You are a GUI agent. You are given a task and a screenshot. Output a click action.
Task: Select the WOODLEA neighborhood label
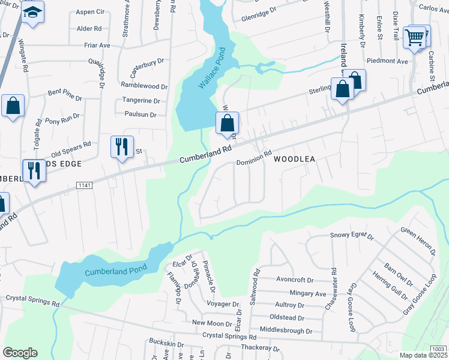click(295, 160)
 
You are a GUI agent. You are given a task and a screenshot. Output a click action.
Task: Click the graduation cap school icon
click(32, 12)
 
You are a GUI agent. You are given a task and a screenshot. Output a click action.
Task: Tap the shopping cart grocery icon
click(414, 37)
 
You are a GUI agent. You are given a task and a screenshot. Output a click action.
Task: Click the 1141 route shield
click(85, 186)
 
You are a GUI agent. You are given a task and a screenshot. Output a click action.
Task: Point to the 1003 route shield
click(439, 348)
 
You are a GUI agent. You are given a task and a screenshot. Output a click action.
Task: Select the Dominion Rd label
click(254, 158)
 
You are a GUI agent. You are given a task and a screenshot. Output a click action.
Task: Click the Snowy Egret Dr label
click(352, 236)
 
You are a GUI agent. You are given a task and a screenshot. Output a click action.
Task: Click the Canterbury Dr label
click(143, 61)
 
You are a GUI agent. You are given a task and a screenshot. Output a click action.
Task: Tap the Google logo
click(20, 353)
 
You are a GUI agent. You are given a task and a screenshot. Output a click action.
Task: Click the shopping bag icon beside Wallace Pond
click(228, 124)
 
